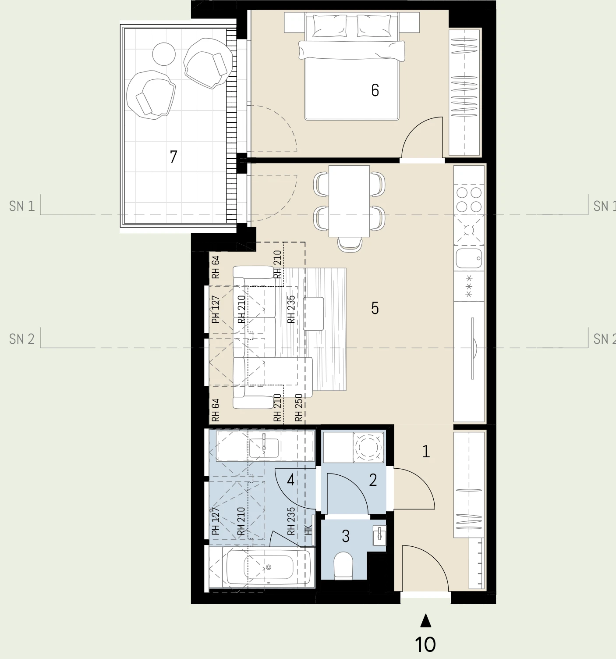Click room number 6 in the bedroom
(x=375, y=90)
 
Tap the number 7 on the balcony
(x=173, y=157)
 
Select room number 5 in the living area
(x=375, y=308)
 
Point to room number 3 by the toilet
(x=346, y=536)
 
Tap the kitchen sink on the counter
(x=469, y=258)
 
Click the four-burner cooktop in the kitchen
(x=469, y=200)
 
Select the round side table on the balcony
(x=164, y=54)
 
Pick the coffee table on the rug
(x=313, y=313)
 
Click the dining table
(x=349, y=201)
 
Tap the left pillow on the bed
(x=329, y=25)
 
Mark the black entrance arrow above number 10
(x=425, y=620)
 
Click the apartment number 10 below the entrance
(x=425, y=644)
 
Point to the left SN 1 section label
(x=22, y=206)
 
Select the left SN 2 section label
(x=22, y=339)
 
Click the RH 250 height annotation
(x=299, y=407)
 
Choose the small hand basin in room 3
(x=379, y=535)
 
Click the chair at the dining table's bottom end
(x=350, y=244)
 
